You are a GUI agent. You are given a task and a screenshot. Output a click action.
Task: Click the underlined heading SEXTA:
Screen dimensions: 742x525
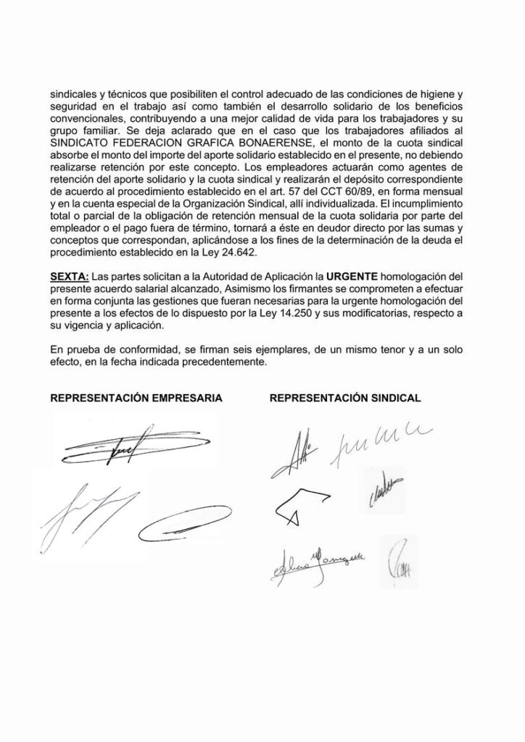tap(68, 278)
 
